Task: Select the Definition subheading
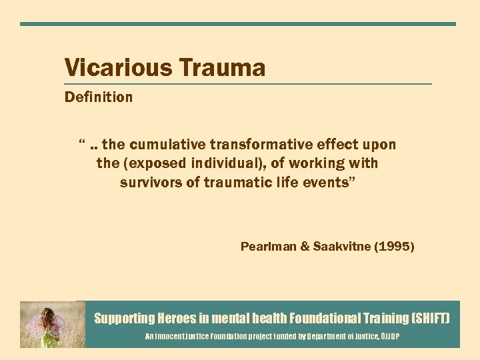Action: point(98,97)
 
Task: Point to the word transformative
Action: point(266,145)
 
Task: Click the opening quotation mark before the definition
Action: point(81,143)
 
